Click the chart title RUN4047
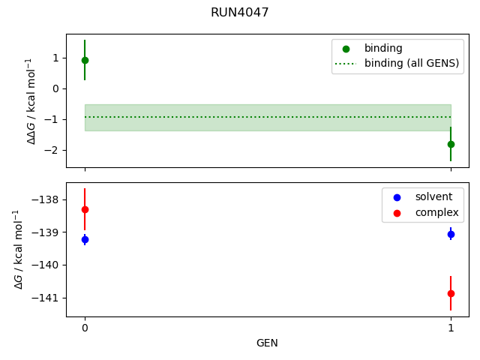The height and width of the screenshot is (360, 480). pyautogui.click(x=240, y=13)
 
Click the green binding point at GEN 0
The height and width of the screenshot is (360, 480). pyautogui.click(x=85, y=60)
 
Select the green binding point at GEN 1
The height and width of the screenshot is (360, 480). pyautogui.click(x=451, y=144)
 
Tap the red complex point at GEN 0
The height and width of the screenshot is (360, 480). pyautogui.click(x=85, y=209)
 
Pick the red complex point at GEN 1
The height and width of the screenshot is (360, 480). pyautogui.click(x=451, y=293)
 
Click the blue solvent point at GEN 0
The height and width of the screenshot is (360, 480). pyautogui.click(x=85, y=239)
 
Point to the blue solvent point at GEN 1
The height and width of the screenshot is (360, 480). pyautogui.click(x=451, y=234)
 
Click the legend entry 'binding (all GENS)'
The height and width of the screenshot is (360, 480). pyautogui.click(x=411, y=63)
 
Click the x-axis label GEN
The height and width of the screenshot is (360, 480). pyautogui.click(x=267, y=343)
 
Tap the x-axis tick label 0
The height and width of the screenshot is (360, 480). pyautogui.click(x=85, y=328)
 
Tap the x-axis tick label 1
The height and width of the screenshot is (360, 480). pyautogui.click(x=451, y=328)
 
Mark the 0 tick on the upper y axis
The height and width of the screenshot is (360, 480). pyautogui.click(x=55, y=88)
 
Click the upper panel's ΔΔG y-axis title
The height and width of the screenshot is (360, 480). pyautogui.click(x=31, y=100)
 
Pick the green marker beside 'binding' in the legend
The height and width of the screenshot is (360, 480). pyautogui.click(x=346, y=49)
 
